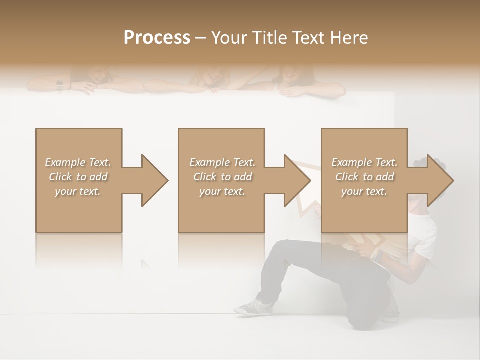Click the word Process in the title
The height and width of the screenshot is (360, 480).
pos(157,37)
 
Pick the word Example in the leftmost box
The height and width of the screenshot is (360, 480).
pos(65,162)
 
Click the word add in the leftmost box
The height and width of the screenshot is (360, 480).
pos(98,177)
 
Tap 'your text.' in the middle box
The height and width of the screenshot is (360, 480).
pos(222,191)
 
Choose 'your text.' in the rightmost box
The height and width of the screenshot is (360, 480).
pos(364,191)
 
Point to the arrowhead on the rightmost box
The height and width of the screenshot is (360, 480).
pos(439,180)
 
